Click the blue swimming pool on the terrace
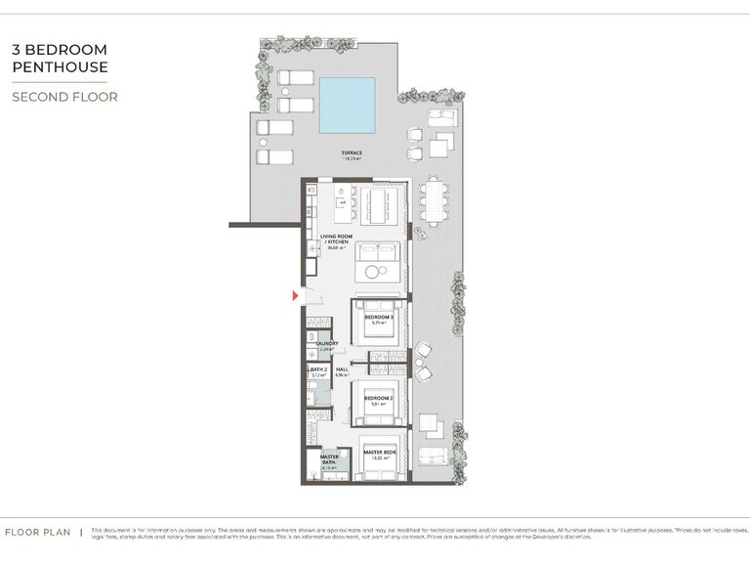(x=347, y=105)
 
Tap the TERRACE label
(x=352, y=153)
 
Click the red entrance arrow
(x=295, y=294)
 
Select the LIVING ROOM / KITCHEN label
(x=337, y=239)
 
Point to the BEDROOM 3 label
(x=379, y=318)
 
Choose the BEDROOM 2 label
(x=379, y=398)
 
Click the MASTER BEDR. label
(x=379, y=452)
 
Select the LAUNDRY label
(x=326, y=344)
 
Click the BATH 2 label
(x=319, y=369)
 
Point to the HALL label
(x=342, y=369)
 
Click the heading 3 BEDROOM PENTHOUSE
(x=60, y=58)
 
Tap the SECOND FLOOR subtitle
(x=64, y=97)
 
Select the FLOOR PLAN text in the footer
(x=37, y=533)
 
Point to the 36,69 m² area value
(x=337, y=248)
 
